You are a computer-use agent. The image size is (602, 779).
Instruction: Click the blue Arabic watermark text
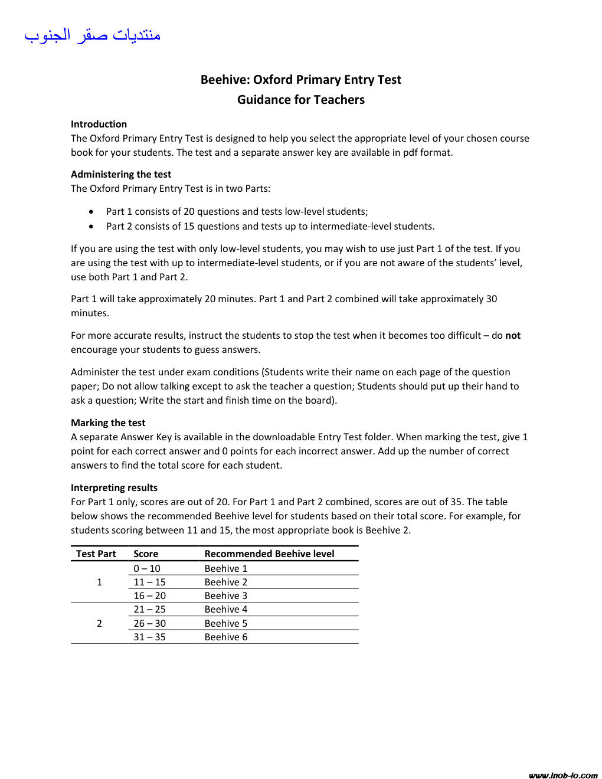[x=93, y=35]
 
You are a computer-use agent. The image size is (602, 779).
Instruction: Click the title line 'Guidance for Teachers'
[x=301, y=100]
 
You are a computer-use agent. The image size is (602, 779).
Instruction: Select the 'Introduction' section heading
[x=99, y=124]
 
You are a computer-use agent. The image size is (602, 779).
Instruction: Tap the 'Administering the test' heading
[x=121, y=174]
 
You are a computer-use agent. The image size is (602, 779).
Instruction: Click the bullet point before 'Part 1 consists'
[x=91, y=211]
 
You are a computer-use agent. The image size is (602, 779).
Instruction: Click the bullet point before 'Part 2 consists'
[x=91, y=226]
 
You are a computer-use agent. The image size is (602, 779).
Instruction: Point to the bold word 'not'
[x=513, y=335]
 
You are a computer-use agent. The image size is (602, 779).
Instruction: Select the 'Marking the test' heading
[x=108, y=423]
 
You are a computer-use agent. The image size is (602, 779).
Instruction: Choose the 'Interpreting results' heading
[x=114, y=487]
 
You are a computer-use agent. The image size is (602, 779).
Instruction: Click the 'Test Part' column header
[x=96, y=554]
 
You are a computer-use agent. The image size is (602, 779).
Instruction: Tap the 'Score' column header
[x=146, y=554]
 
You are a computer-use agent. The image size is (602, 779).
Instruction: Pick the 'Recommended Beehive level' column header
[x=269, y=554]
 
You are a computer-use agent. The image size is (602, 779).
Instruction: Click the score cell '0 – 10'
[x=147, y=568]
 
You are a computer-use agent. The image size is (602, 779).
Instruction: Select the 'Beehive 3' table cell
[x=226, y=595]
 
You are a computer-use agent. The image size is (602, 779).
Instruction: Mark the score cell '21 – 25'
[x=149, y=609]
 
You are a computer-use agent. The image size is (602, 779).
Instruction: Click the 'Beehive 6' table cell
[x=226, y=637]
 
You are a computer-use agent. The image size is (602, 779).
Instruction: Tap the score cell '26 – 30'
[x=149, y=623]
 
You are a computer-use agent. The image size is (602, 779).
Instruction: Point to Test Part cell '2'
[x=99, y=623]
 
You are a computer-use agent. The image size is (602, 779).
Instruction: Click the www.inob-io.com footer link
[x=563, y=775]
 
